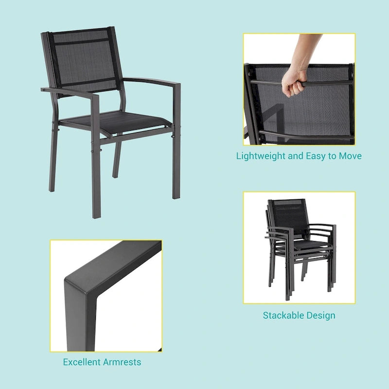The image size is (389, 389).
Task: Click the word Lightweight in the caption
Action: pyautogui.click(x=261, y=156)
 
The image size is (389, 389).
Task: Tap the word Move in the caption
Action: pyautogui.click(x=350, y=156)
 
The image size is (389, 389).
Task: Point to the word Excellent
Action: pyautogui.click(x=81, y=362)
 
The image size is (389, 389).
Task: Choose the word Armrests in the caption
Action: pyautogui.click(x=122, y=362)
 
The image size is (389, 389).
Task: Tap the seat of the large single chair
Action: pyautogui.click(x=117, y=121)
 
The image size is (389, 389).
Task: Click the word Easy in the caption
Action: pyautogui.click(x=316, y=156)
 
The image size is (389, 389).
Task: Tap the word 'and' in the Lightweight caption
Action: pyautogui.click(x=296, y=156)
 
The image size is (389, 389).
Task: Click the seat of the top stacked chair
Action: pyautogui.click(x=311, y=245)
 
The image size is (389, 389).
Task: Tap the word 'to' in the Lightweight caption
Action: pyautogui.click(x=332, y=156)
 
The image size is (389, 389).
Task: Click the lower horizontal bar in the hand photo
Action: pyautogui.click(x=305, y=136)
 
